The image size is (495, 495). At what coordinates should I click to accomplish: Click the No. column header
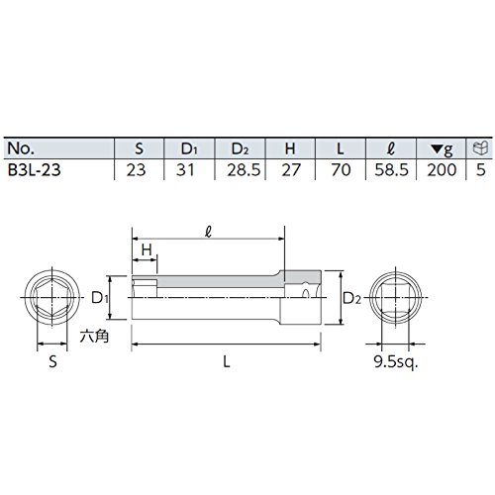21,148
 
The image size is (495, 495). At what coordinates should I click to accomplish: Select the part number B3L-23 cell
34,170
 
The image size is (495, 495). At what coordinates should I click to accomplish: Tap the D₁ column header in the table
189,148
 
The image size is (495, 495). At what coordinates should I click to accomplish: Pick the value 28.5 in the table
244,170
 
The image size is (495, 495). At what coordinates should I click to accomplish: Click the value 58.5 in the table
392,170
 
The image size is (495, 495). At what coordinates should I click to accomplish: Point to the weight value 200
442,170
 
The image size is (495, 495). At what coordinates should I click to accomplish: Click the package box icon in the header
480,148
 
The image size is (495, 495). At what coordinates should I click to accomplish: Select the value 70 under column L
341,170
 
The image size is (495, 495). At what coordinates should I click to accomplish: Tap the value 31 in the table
185,170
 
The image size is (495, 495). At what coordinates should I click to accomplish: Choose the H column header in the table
290,148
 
